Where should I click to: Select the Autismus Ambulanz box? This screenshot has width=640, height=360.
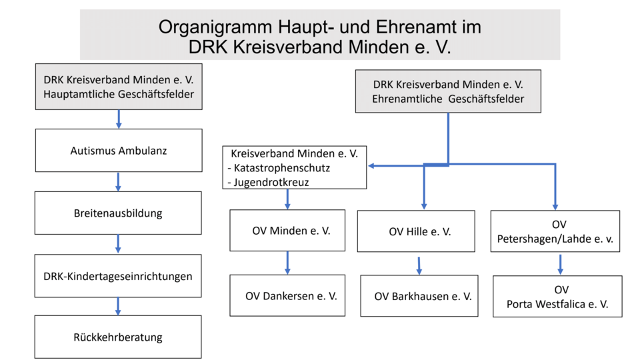coord(118,151)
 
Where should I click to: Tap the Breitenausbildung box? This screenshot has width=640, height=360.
coord(118,213)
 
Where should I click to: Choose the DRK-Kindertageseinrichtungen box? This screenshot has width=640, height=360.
coord(118,275)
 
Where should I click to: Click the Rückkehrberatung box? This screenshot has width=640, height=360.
coord(118,337)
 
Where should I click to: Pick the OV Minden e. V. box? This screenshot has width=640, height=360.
coord(287,231)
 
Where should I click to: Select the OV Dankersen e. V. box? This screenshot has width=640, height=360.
coord(287,295)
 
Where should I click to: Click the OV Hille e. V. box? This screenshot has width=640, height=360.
coord(416,231)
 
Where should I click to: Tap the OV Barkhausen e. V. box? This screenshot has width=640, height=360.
coord(419,296)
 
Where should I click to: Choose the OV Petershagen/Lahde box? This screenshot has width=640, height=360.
coord(555,231)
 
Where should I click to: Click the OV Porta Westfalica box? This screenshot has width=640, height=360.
coord(557,296)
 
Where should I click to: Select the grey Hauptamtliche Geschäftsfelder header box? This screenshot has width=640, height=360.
coord(119,87)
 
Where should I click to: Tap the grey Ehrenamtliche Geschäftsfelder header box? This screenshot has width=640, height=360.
coord(447,91)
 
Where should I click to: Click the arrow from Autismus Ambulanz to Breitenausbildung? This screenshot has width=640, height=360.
coord(118,181)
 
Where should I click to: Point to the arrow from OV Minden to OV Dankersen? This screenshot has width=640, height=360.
coord(287,262)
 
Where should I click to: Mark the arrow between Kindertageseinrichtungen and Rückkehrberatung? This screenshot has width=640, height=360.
coord(118,306)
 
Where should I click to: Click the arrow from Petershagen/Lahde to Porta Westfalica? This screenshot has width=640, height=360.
coord(560,264)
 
